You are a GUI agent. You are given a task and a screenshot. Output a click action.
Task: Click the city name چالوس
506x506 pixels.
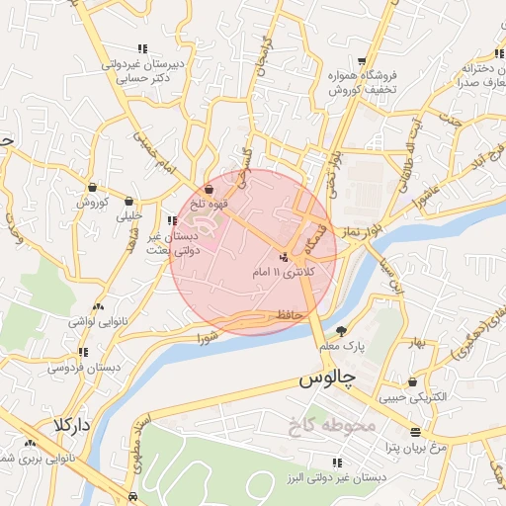(322, 379)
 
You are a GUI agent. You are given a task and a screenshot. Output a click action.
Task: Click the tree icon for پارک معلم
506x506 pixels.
(342, 331)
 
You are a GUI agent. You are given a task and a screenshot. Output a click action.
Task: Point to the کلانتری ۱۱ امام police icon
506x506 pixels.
(285, 258)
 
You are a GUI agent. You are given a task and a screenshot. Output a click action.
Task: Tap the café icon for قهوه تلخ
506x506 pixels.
(209, 190)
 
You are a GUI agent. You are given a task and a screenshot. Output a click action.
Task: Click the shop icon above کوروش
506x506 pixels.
(92, 187)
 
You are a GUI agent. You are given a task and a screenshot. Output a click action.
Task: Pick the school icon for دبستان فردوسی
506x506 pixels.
(83, 351)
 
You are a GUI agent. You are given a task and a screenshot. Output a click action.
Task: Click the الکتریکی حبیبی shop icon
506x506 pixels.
(412, 381)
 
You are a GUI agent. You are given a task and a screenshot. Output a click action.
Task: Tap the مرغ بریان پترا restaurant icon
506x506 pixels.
(414, 432)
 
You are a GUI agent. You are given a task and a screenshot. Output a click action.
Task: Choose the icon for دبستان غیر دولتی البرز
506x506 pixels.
(338, 463)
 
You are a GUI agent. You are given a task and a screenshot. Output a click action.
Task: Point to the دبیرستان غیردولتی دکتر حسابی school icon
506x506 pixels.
(144, 47)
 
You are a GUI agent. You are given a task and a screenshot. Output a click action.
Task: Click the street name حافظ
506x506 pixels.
(288, 314)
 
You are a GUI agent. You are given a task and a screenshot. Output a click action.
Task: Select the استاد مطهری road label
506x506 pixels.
(150, 442)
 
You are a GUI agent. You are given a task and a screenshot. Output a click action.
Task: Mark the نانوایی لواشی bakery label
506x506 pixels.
(94, 322)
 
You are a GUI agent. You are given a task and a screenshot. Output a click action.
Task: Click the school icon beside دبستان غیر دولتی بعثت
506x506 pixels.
(172, 221)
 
